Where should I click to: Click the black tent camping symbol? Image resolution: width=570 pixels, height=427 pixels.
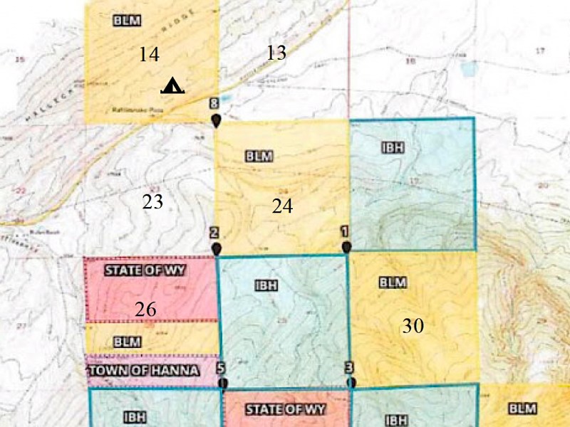172,86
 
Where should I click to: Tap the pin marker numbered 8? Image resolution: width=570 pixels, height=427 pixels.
215,120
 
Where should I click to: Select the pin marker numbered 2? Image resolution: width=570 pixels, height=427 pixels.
215,248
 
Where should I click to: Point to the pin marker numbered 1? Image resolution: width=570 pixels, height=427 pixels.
346,246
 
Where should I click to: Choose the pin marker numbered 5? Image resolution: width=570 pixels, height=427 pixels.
223,382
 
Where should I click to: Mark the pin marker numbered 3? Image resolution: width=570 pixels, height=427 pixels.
351,381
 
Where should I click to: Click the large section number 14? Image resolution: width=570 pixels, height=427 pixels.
149,54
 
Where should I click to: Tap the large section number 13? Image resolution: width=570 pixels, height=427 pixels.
276,53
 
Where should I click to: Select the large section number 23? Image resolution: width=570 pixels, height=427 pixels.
152,202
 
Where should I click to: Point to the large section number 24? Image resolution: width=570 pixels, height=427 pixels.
282,206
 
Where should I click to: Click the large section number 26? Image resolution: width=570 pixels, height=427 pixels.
145,310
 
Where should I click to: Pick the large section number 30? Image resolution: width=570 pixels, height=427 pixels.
413,326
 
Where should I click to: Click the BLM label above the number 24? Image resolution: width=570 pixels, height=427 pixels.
259,156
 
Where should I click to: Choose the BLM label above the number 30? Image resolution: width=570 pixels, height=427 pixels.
393,283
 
